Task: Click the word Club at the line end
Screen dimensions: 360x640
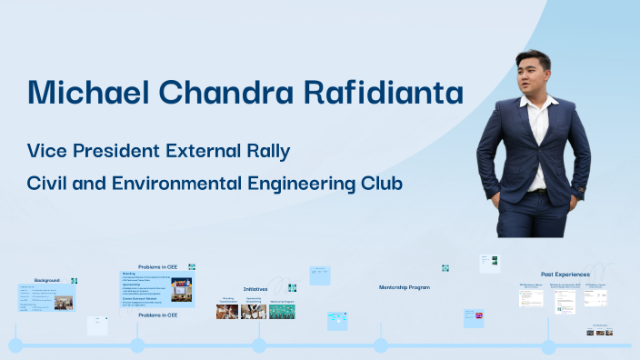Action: (x=381, y=183)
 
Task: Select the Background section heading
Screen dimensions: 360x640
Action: (x=47, y=279)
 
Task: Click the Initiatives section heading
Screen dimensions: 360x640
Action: (x=255, y=288)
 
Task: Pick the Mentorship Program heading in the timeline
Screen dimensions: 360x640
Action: (x=405, y=286)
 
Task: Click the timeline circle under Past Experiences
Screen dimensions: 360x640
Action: (x=548, y=345)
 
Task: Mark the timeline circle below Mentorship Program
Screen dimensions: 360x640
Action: (x=381, y=345)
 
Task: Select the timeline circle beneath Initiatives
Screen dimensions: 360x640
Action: (x=259, y=345)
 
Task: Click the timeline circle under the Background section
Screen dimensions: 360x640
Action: (x=15, y=345)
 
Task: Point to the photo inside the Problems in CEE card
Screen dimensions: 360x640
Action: (x=181, y=290)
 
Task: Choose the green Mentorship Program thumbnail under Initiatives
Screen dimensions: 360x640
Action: (x=282, y=312)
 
